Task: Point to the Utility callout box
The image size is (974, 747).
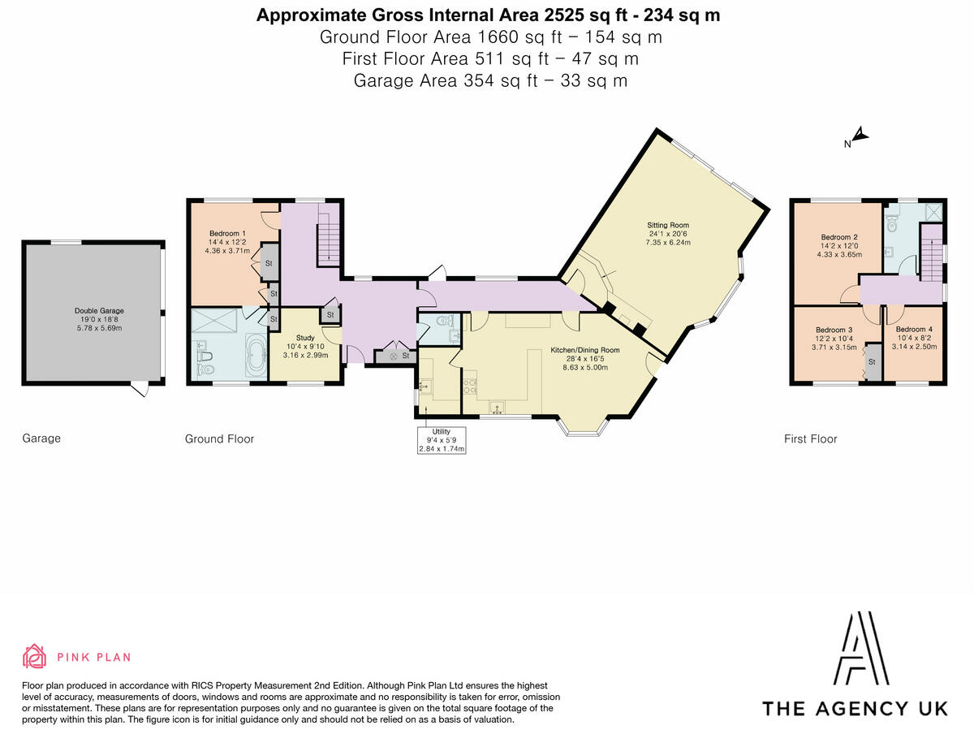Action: (442, 439)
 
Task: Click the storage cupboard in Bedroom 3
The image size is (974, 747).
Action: (873, 361)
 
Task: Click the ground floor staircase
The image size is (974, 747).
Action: (328, 233)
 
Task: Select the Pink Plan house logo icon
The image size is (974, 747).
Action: (34, 656)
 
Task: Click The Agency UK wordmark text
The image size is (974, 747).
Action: (855, 708)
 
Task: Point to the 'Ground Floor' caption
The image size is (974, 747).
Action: (219, 438)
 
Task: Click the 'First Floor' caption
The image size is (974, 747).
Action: (810, 438)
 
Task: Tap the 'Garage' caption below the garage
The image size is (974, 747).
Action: (41, 438)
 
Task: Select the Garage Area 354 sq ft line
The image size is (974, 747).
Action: (489, 80)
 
